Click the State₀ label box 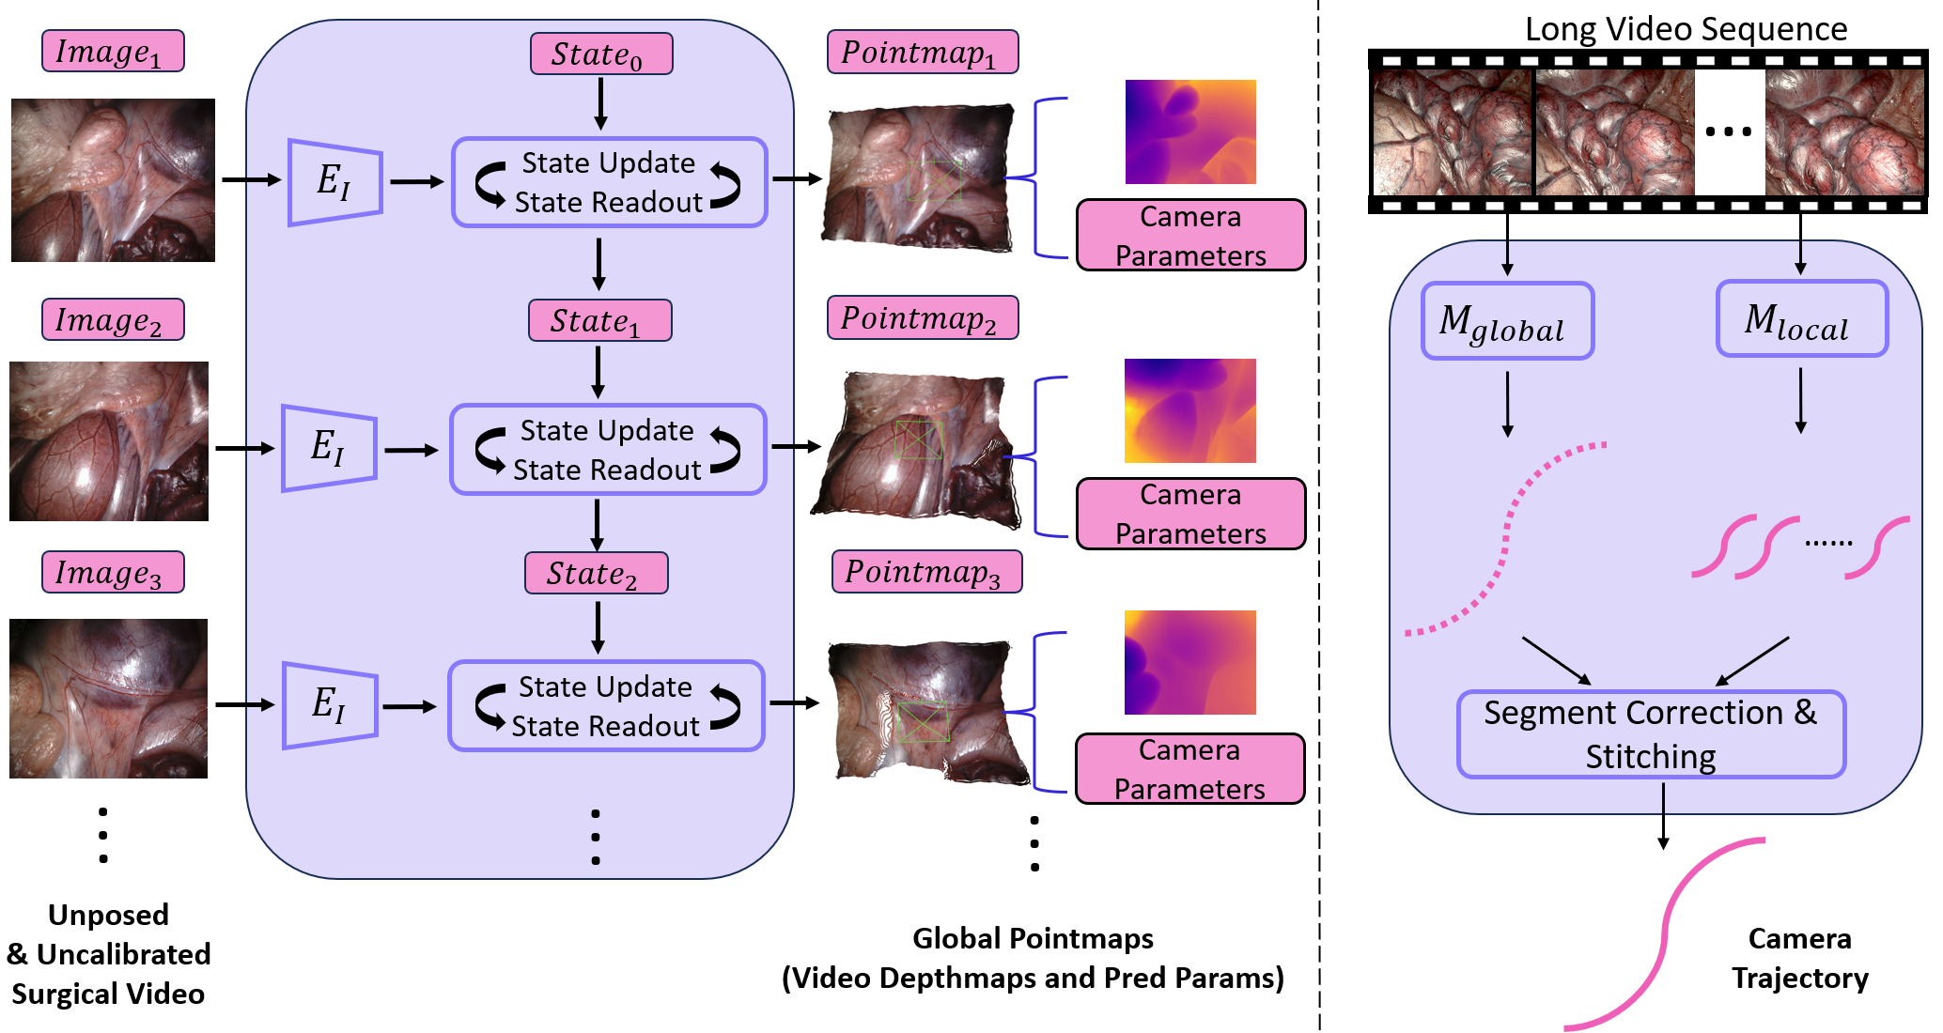pos(601,54)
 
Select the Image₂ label pos(113,320)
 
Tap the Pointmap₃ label pos(926,572)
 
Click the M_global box pos(1507,321)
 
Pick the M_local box pos(1801,319)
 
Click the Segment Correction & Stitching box pos(1651,734)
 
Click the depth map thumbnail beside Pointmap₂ pos(1189,410)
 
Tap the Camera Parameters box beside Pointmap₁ pos(1190,236)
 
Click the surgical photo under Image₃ pos(108,698)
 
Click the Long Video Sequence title pos(1686,29)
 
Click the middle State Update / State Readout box pos(608,450)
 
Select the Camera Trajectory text pos(1799,958)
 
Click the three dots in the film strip pos(1729,131)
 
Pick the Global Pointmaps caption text pos(1033,958)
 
